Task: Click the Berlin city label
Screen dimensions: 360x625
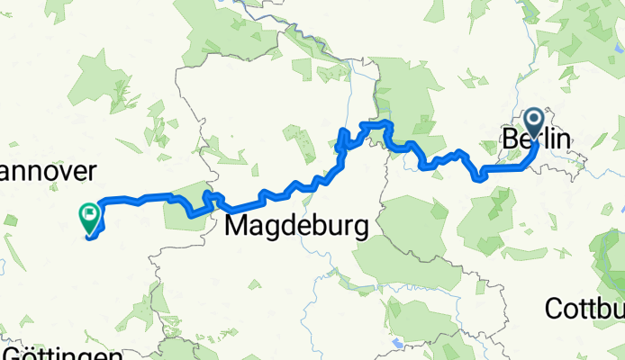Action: tap(536, 141)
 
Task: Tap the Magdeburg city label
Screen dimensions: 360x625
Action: tap(295, 225)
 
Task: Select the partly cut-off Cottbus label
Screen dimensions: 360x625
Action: tap(584, 309)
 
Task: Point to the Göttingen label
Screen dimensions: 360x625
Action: tap(61, 353)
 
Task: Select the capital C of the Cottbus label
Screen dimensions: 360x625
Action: tap(553, 309)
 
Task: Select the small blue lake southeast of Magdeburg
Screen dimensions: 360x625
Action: tap(396, 343)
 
